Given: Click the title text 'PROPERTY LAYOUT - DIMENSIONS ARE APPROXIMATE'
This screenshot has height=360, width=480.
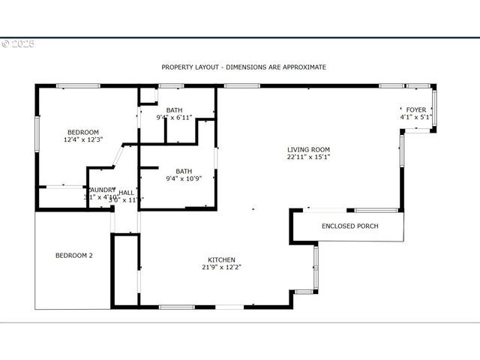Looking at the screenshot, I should coord(244,67).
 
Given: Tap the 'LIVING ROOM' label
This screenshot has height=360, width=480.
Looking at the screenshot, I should coord(308,149).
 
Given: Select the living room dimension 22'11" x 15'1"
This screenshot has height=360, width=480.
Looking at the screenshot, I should coord(308,157).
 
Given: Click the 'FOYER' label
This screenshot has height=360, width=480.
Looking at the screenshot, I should coord(416,109).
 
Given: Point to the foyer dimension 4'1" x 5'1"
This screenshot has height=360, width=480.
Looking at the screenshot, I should coord(416,118).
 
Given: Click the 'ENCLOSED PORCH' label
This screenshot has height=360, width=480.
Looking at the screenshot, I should coord(349,226).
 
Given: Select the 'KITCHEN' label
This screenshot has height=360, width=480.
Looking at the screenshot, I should coord(221,259).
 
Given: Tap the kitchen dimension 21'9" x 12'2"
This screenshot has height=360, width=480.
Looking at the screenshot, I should coord(221,268).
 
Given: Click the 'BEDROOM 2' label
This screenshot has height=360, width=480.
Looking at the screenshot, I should coord(74,256).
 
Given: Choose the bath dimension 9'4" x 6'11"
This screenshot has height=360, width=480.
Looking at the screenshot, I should coord(174,118).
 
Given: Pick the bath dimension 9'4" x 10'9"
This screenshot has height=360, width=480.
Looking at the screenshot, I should coord(184,178).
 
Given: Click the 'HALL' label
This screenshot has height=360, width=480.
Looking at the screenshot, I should coord(126,192).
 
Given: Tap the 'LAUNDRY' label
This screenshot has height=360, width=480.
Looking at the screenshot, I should coord(102,190).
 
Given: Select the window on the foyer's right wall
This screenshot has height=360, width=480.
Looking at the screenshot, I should coord(433,109).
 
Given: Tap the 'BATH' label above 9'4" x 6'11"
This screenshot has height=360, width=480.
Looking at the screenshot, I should coord(174,109).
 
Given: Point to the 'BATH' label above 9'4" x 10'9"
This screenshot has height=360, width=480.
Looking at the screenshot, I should coord(184,170).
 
